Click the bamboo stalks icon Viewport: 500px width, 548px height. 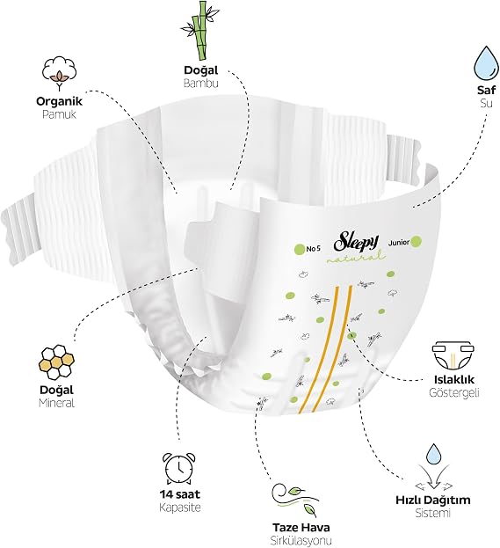pos(198,30)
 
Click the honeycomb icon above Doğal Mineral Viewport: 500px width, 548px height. pos(56,362)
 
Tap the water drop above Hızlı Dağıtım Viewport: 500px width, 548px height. pos(434,454)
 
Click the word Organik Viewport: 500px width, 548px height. pos(59,102)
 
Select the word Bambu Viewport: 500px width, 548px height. pos(200,84)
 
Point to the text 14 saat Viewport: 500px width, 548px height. pos(180,494)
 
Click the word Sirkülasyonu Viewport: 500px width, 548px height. pos(301,540)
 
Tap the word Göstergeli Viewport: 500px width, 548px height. pos(453,392)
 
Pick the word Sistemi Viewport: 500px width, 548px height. pos(433,513)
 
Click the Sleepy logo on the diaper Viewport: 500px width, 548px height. pos(356,242)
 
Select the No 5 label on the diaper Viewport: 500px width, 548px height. pos(313,249)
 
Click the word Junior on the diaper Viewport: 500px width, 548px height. pos(398,243)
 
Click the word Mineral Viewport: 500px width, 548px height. pos(56,403)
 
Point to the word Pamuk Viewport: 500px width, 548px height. pos(59,114)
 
